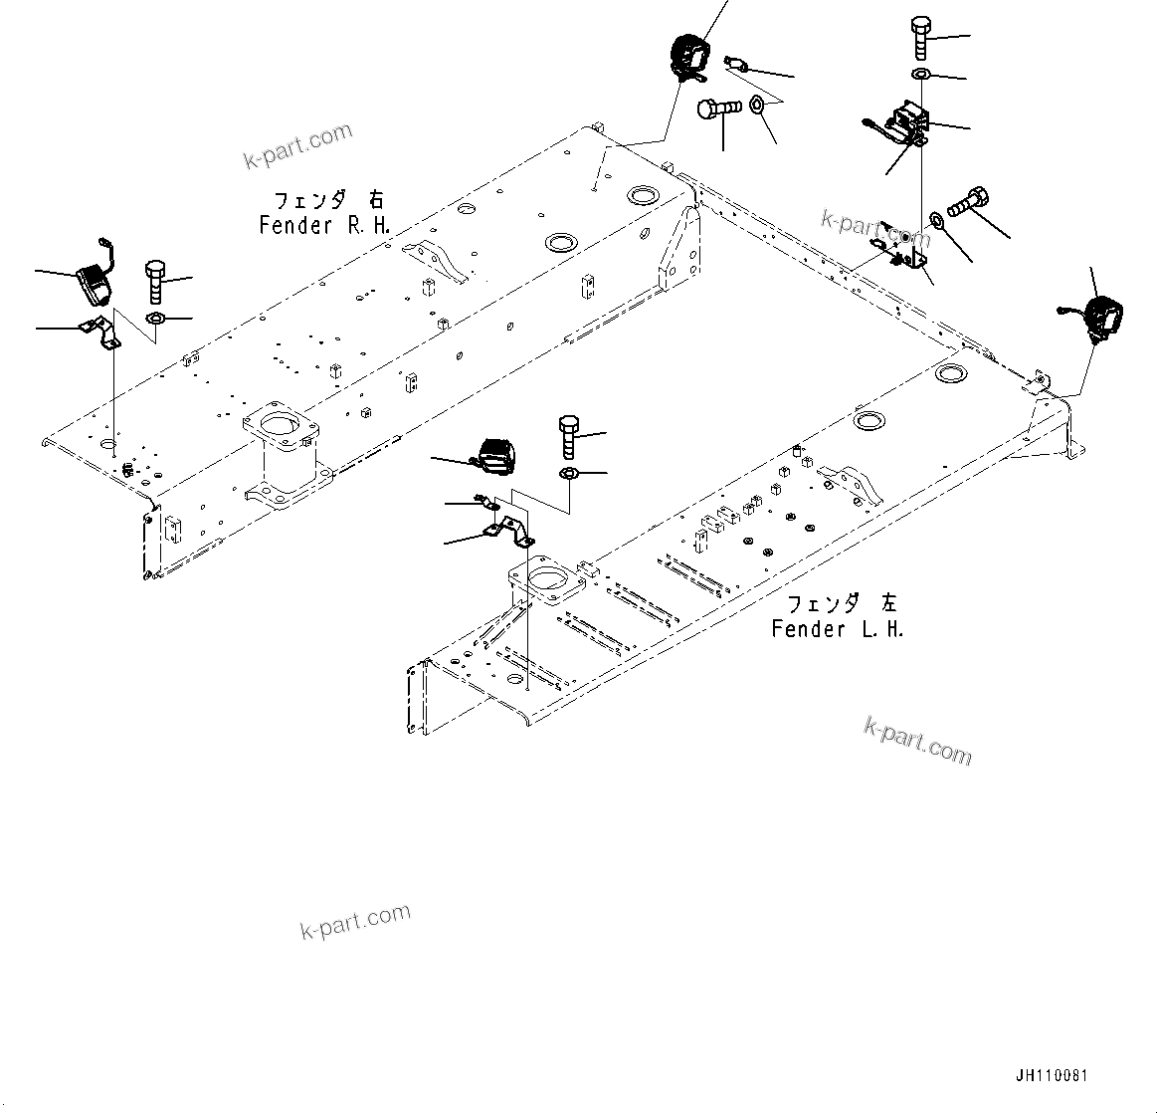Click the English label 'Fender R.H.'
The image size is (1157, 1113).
click(324, 225)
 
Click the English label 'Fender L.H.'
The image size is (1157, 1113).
click(838, 628)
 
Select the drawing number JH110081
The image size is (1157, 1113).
click(1052, 1076)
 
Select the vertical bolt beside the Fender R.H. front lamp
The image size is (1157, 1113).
click(154, 282)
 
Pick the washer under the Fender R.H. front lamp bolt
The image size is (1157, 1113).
click(155, 318)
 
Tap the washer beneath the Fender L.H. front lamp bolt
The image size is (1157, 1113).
click(569, 471)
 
